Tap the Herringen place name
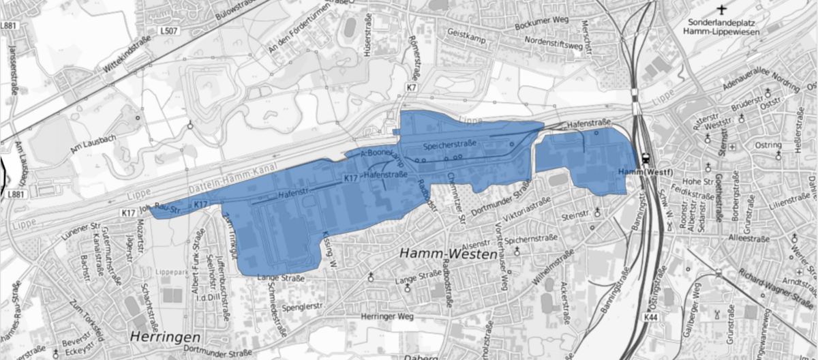point(164,337)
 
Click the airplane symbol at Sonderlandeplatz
point(723,10)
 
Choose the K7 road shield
point(411,88)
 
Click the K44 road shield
point(651,317)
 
